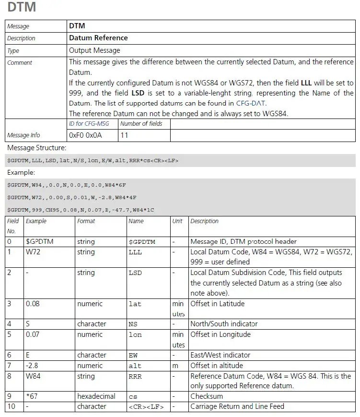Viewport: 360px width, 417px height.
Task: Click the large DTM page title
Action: click(22, 8)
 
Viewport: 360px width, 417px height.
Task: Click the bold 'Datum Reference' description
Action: click(98, 38)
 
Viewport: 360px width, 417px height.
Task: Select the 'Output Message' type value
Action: click(94, 50)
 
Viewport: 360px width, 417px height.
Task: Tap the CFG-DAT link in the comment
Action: click(251, 103)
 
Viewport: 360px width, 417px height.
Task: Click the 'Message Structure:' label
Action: click(37, 148)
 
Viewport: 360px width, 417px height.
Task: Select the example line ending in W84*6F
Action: click(67, 185)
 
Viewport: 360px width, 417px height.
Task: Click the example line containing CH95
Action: click(81, 210)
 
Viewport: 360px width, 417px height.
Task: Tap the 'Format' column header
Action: click(86, 221)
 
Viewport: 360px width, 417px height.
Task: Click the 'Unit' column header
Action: click(177, 221)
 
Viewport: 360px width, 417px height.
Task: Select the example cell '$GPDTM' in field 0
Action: click(39, 241)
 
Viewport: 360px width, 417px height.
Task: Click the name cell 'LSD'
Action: click(135, 273)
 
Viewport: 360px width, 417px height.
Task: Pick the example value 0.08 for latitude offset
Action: click(33, 303)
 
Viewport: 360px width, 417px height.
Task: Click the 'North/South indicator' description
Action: click(224, 323)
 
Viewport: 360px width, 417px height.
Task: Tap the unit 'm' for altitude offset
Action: click(175, 366)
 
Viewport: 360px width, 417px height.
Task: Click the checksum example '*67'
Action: click(32, 396)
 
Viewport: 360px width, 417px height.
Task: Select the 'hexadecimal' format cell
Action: click(96, 396)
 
